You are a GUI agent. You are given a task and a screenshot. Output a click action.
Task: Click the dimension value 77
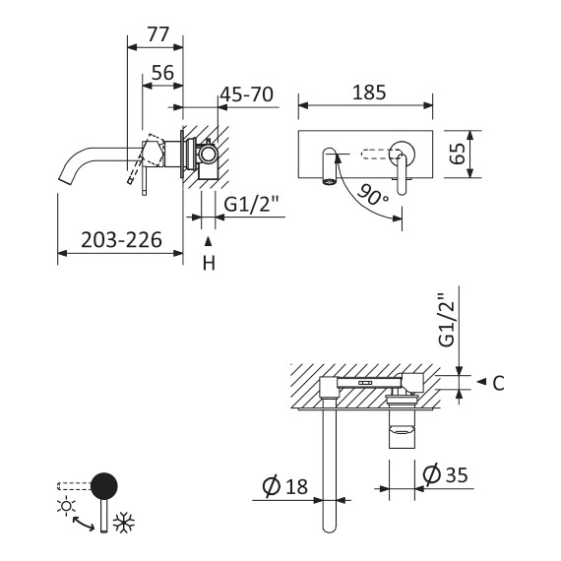pos(156,33)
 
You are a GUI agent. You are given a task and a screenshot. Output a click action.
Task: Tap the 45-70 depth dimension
pos(245,95)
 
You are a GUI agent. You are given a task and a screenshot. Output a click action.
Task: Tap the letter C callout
pos(498,384)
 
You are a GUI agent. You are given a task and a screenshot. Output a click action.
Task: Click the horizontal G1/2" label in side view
pos(252,206)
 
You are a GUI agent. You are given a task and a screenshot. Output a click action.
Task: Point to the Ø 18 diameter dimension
pos(286,485)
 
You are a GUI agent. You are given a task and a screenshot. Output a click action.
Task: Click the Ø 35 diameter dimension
pos(443,474)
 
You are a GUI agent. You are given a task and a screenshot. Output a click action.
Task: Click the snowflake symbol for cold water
pos(124,523)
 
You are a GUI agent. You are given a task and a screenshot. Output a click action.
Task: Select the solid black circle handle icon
pos(103,485)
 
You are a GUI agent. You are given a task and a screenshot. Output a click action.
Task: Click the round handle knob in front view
pos(403,153)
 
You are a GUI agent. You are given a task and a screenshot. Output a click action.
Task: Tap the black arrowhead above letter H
pos(208,240)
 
